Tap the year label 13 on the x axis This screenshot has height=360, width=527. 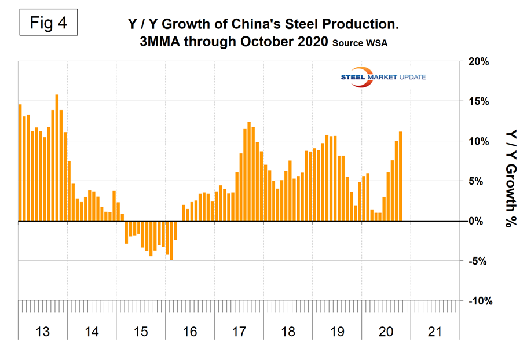[x=43, y=332]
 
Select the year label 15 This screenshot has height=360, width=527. [x=141, y=332]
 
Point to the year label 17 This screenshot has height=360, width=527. [x=239, y=332]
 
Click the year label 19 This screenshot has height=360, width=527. [x=336, y=332]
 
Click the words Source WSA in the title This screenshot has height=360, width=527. [x=361, y=44]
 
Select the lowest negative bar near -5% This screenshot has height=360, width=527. [x=171, y=240]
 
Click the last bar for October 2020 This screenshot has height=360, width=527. [x=400, y=177]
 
